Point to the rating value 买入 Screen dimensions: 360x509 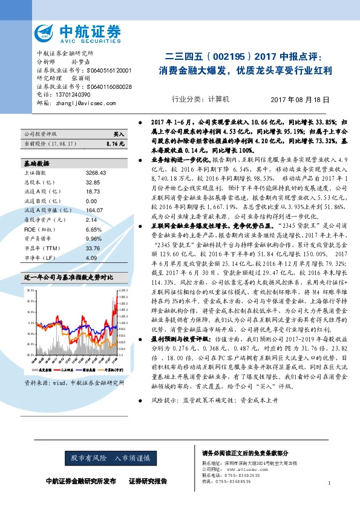[118, 134]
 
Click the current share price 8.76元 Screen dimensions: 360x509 [114, 144]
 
